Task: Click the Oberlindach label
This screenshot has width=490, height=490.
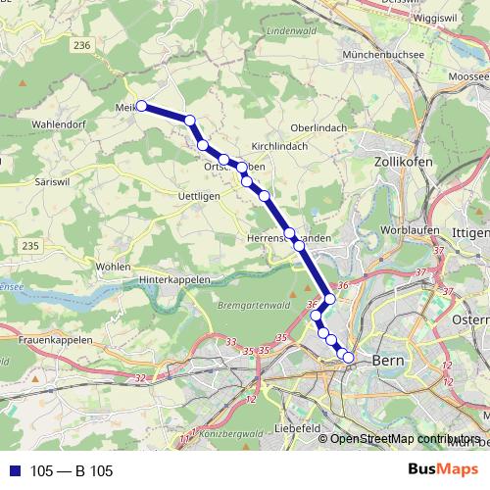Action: coord(320,127)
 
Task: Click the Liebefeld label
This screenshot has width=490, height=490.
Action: coord(300,428)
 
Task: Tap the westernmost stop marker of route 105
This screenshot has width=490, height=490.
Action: coord(141,105)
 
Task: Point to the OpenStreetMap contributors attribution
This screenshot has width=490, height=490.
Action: coord(405,438)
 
